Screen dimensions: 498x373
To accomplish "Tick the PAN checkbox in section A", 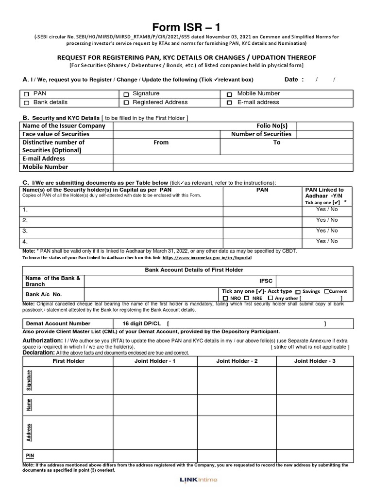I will tap(27, 94).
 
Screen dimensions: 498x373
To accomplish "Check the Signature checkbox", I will tap(126, 94).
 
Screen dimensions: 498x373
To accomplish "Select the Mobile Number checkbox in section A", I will tap(229, 94).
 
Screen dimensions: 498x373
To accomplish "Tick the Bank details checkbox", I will tap(27, 103).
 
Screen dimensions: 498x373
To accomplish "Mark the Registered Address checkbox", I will tap(126, 103).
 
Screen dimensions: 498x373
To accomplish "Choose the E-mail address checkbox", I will tap(229, 103).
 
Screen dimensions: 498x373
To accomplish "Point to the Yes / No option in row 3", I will tap(327, 231).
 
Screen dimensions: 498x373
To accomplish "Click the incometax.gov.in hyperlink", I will tap(207, 258).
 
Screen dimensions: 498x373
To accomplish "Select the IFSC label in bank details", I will tap(267, 281).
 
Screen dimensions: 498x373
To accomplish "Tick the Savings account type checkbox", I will tap(298, 292).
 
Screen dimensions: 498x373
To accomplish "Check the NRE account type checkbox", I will tap(246, 298).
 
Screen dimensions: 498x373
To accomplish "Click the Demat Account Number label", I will tap(58, 323).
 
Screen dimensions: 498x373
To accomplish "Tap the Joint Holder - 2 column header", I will tap(237, 361).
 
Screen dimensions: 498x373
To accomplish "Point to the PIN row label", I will tap(30, 456).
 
